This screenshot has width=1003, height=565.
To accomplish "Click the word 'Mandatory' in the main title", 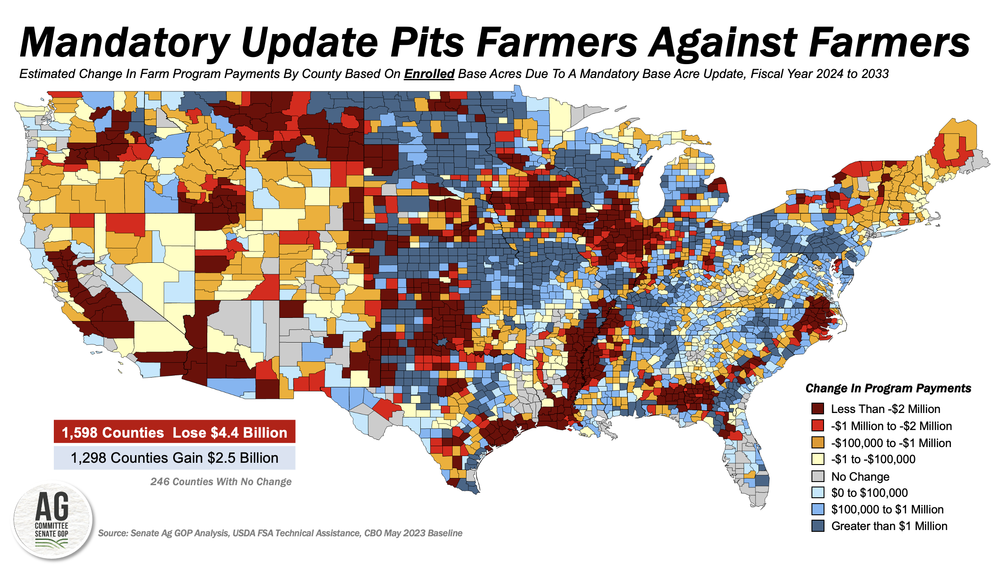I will [125, 43].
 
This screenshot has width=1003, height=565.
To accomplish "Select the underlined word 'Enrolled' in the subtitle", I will [429, 74].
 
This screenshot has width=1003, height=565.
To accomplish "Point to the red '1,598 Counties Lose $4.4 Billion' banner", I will [174, 432].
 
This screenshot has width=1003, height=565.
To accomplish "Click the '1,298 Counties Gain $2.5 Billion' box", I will [174, 458].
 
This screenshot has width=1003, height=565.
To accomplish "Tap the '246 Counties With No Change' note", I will [221, 482].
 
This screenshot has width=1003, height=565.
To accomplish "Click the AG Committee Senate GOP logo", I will [52, 520].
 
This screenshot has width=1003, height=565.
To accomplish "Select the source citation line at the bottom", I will [280, 533].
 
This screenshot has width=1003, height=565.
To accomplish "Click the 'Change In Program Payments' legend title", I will [888, 388].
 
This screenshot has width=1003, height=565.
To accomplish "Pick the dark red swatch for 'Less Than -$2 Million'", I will [818, 409].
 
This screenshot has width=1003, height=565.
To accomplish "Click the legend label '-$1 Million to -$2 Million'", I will [891, 426].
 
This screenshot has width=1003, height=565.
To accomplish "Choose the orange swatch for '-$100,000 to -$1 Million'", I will [818, 443].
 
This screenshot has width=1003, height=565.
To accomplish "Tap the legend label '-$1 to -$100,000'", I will [873, 459].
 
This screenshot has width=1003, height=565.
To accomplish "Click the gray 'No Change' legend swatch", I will [818, 476].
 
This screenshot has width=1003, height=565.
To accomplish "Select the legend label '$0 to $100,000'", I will [869, 493].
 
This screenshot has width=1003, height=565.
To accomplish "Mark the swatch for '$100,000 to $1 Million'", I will [818, 509].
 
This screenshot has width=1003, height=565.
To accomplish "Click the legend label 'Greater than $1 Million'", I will [889, 526].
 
